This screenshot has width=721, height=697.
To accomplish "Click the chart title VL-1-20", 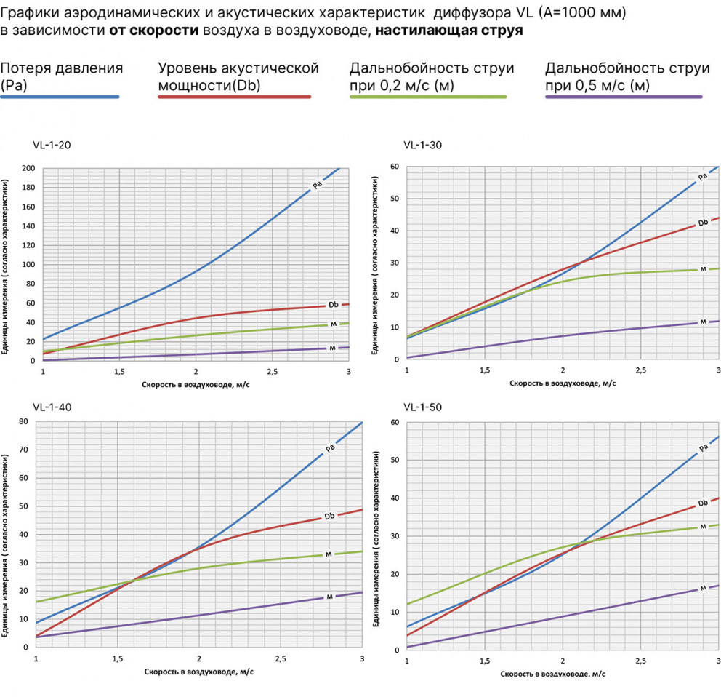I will (x=52, y=145).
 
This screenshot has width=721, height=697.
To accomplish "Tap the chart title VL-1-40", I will (x=52, y=407).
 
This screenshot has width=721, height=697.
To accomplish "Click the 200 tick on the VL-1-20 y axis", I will (x=28, y=169).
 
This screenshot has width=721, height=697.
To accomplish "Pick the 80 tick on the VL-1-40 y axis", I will (x=23, y=422).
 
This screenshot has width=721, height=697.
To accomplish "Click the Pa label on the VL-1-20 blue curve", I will (x=317, y=185).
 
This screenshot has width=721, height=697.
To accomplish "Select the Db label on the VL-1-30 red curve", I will (x=703, y=223).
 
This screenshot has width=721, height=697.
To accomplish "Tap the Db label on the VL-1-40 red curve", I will (x=329, y=516).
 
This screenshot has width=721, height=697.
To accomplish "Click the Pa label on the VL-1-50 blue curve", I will (x=703, y=448).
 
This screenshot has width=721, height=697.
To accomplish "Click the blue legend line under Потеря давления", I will (x=60, y=97).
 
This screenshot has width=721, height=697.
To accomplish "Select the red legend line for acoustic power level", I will (x=235, y=97).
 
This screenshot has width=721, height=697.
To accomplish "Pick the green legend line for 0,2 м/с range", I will (x=428, y=97).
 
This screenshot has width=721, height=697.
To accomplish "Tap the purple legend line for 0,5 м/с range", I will (x=624, y=97).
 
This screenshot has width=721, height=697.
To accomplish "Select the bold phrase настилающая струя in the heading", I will (x=449, y=31).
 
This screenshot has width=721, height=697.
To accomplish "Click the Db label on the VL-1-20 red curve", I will (x=333, y=304).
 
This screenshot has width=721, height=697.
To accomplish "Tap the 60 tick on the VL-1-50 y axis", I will (x=395, y=423).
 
